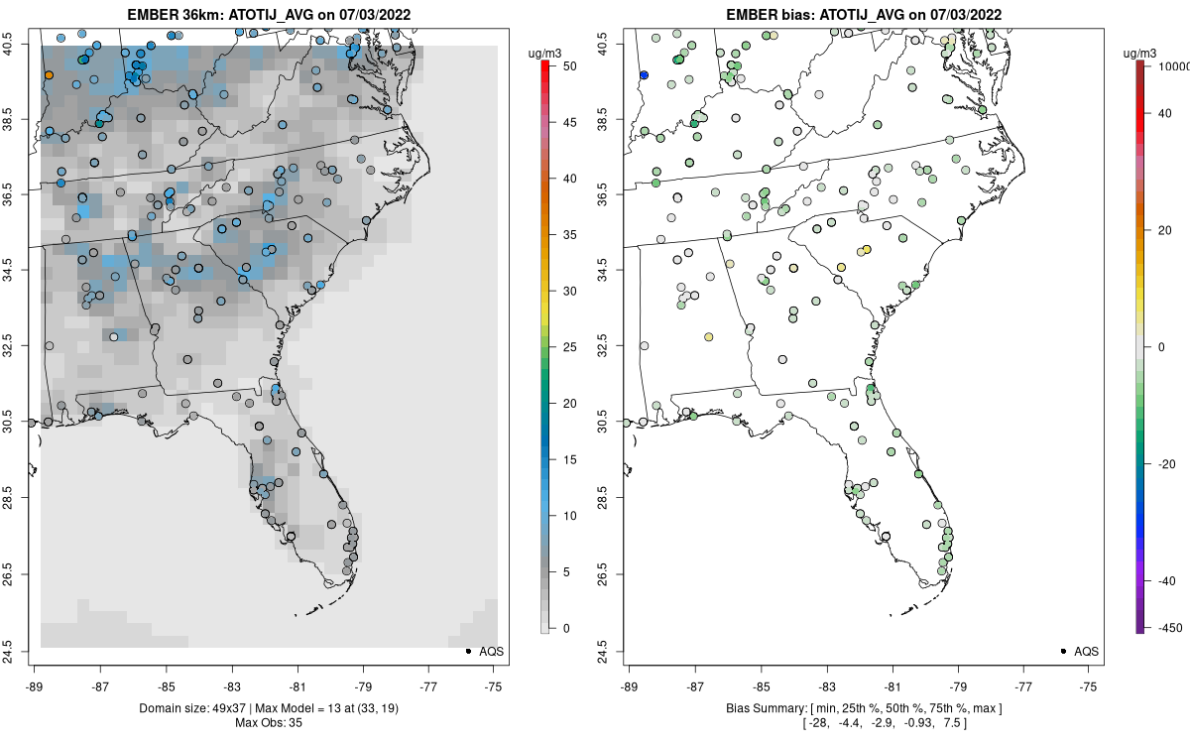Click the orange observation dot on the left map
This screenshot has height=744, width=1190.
click(x=49, y=75)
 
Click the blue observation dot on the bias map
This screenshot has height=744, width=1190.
click(x=644, y=75)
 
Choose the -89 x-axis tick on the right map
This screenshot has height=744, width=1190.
click(x=630, y=685)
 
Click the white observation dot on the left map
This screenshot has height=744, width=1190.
click(x=114, y=337)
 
